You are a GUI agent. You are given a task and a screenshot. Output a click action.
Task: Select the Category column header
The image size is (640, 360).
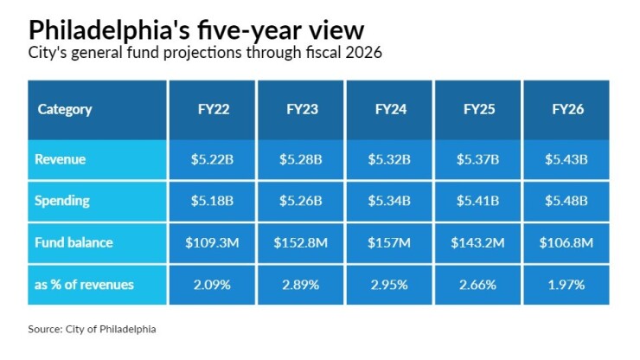pyautogui.click(x=65, y=110)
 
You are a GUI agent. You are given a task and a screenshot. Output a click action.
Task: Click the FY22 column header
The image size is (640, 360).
pyautogui.click(x=213, y=110)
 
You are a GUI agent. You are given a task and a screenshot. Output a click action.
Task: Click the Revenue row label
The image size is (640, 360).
pyautogui.click(x=60, y=159)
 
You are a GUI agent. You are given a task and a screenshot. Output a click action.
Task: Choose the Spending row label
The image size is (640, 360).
pyautogui.click(x=62, y=201)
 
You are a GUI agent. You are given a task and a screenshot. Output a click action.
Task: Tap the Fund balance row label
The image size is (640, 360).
pyautogui.click(x=74, y=243)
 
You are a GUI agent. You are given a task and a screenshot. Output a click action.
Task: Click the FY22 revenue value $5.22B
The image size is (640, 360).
pyautogui.click(x=213, y=159)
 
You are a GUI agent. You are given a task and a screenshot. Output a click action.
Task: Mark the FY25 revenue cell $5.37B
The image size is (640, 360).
pyautogui.click(x=479, y=159)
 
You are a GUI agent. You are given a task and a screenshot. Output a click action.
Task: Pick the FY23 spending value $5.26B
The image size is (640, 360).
pyautogui.click(x=302, y=201)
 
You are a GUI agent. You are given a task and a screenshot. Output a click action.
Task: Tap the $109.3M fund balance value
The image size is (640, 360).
pyautogui.click(x=213, y=243)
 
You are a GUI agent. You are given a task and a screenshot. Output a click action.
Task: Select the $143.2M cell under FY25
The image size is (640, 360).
pyautogui.click(x=479, y=243)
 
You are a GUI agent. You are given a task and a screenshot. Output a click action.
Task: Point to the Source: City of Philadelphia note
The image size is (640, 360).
pyautogui.click(x=93, y=329)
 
